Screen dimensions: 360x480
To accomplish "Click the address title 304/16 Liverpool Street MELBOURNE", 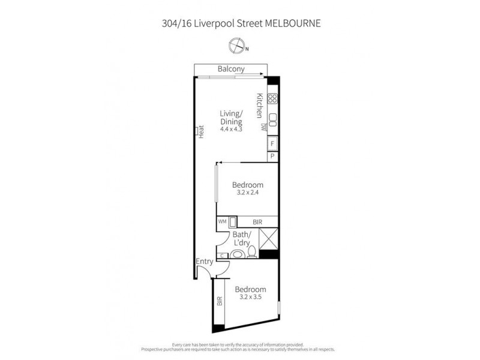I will point(240,24).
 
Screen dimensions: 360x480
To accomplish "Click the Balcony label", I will point(231,70).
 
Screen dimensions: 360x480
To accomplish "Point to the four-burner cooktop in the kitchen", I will point(272,99).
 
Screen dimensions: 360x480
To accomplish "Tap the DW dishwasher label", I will point(263,127).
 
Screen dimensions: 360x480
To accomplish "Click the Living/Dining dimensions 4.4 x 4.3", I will point(231,129).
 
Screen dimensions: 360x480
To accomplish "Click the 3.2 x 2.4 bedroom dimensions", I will point(248,193).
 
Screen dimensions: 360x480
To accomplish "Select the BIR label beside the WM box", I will point(258,223).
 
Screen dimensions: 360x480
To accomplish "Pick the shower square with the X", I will point(268,239).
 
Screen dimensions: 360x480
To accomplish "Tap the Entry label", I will point(205,262).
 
